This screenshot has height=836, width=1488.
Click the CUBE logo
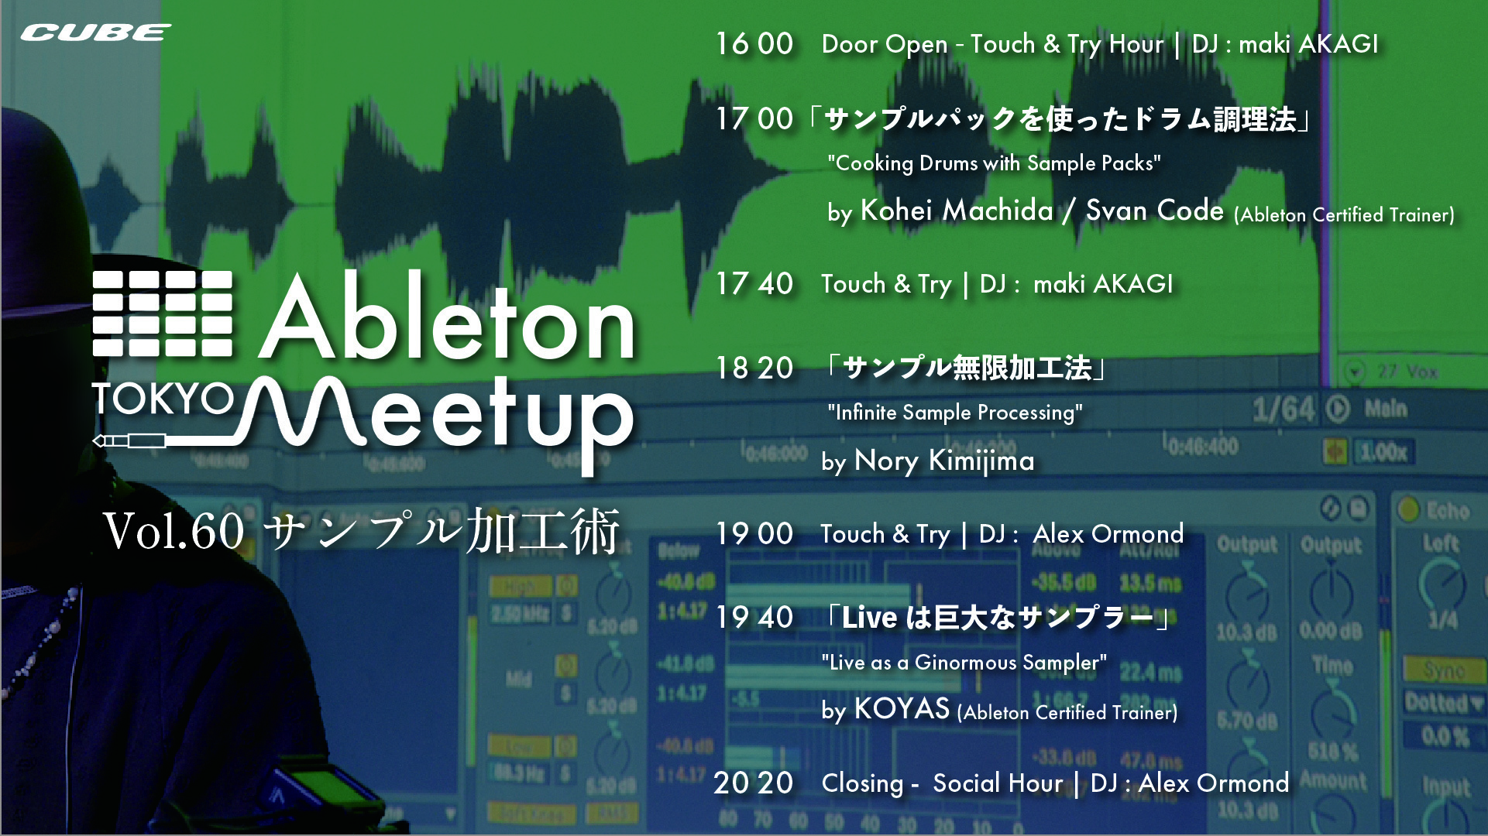click(x=96, y=33)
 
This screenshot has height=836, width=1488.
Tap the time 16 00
click(x=754, y=44)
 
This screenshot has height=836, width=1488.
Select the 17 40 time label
click(x=754, y=284)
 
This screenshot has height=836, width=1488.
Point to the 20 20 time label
click(x=754, y=783)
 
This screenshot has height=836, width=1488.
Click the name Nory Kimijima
click(x=944, y=461)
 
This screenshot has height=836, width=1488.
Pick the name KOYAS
click(x=902, y=709)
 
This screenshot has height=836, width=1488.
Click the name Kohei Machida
click(x=957, y=211)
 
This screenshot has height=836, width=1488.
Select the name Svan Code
click(x=1154, y=211)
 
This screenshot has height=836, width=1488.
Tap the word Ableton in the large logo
click(x=448, y=319)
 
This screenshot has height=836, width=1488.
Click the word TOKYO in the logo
click(x=163, y=399)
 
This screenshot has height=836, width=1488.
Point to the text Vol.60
click(x=174, y=533)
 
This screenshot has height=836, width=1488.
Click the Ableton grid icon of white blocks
click(x=163, y=313)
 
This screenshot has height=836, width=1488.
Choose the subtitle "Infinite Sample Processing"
click(x=955, y=413)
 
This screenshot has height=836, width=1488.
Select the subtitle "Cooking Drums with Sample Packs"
click(x=994, y=163)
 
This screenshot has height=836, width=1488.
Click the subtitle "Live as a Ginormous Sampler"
click(x=964, y=663)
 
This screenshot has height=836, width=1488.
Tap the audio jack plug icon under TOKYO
click(x=129, y=441)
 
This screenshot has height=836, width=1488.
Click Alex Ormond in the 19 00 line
click(x=1108, y=534)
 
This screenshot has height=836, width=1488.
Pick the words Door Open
click(x=885, y=45)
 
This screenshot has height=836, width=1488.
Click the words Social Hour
click(x=998, y=783)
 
